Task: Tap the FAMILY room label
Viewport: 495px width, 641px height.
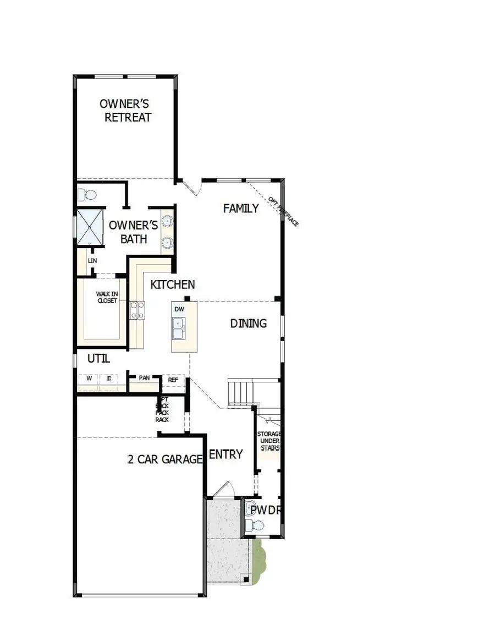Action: coord(241,209)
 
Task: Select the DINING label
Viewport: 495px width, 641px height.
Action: coord(249,324)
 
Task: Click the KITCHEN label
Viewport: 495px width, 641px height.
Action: coord(173,284)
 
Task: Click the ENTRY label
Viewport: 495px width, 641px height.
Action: coord(226,454)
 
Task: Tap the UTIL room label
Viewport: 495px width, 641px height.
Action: coord(99,359)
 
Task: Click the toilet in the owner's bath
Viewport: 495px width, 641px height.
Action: coord(86,194)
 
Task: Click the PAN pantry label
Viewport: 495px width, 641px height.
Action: coord(144,378)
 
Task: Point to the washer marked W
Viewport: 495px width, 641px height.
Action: coord(89,379)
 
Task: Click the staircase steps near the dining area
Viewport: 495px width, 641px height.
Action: coord(241,392)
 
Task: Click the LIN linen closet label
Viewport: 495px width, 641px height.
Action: coord(92,260)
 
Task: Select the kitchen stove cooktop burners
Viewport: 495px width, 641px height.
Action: coord(137,310)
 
